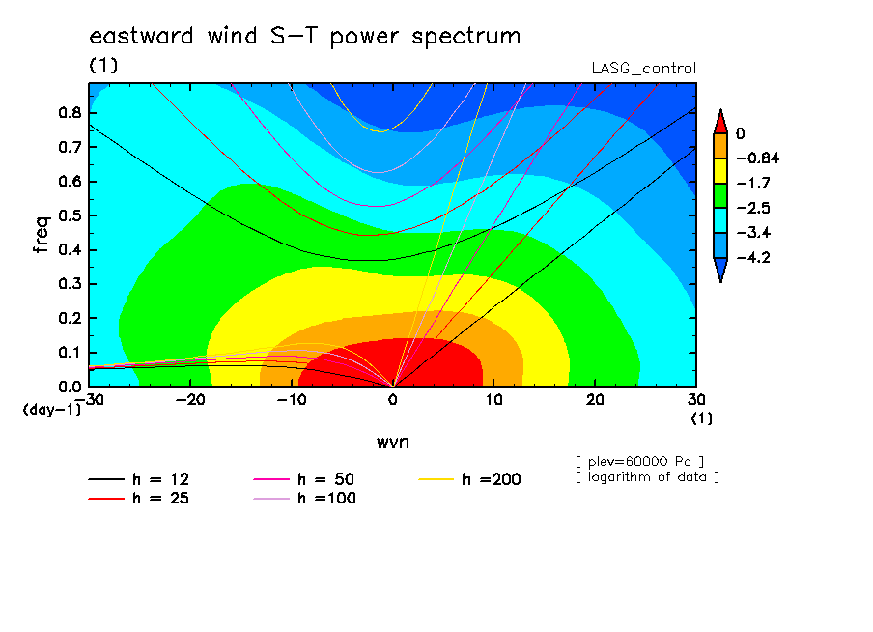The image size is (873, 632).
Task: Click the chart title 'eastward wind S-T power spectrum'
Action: click(x=304, y=37)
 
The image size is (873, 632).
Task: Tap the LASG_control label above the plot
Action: click(x=643, y=69)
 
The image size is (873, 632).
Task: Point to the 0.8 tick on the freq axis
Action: click(x=70, y=112)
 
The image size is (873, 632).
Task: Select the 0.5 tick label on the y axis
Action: click(x=70, y=215)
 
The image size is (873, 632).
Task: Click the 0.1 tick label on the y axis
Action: click(x=70, y=353)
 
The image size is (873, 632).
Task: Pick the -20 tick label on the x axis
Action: click(x=190, y=400)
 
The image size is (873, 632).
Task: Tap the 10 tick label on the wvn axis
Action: click(x=493, y=400)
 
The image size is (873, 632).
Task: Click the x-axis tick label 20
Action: click(x=595, y=400)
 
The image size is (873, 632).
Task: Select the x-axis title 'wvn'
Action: click(x=393, y=443)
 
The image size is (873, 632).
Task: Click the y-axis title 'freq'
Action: click(x=42, y=235)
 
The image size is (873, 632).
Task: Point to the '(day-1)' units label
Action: click(x=51, y=410)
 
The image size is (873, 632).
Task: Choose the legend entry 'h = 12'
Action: click(x=139, y=479)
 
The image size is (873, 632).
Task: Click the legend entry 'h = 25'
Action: click(x=139, y=499)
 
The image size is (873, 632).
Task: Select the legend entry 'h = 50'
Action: click(x=304, y=479)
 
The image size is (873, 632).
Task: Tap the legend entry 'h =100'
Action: click(x=304, y=499)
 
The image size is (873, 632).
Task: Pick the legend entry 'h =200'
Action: click(x=470, y=479)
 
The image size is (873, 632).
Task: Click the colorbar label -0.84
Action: click(x=758, y=158)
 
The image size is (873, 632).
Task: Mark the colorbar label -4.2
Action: click(x=753, y=257)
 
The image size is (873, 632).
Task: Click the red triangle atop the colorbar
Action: click(x=720, y=122)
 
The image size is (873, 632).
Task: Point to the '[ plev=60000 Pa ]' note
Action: click(x=639, y=462)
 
